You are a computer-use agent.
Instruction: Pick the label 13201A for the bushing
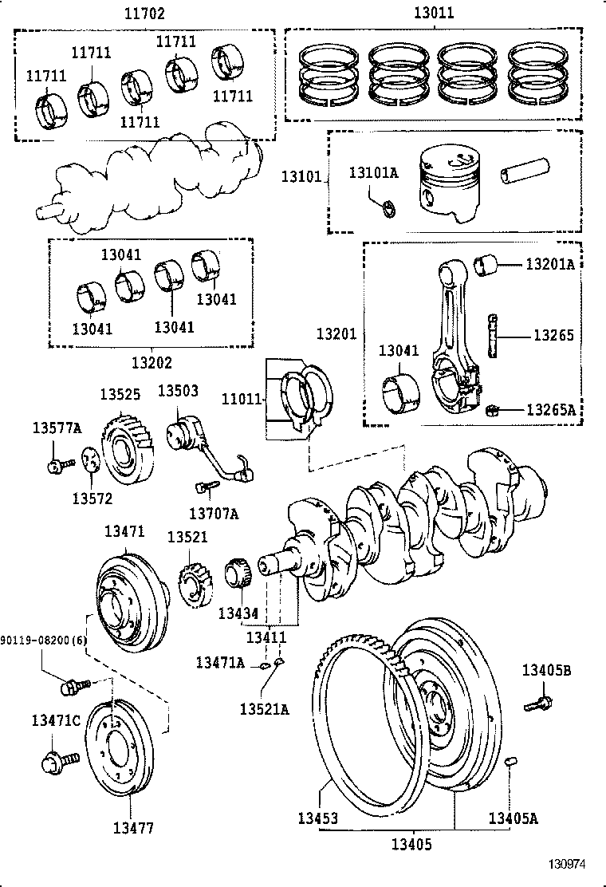pos(550,264)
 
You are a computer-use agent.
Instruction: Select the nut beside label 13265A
pos(493,411)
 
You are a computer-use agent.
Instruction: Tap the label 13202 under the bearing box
pos(151,361)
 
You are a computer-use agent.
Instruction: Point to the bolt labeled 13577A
pos(55,466)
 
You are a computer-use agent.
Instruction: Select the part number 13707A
pos(214,513)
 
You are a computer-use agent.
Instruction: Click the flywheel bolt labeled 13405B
pos(539,703)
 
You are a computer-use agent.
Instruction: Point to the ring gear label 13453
pos(318,818)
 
